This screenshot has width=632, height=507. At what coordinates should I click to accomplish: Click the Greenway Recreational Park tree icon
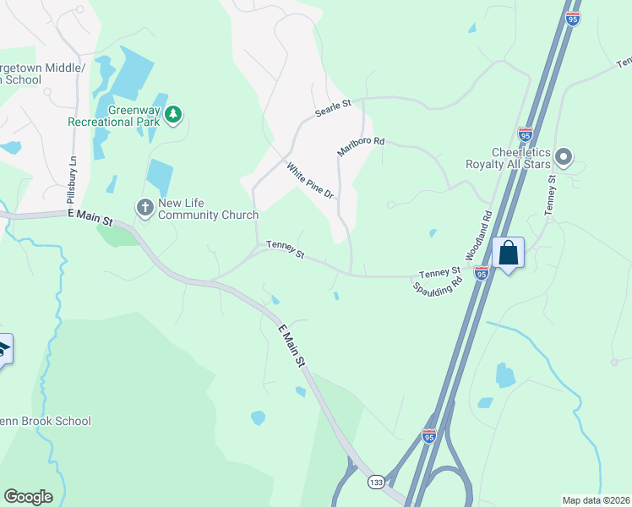[x=173, y=113]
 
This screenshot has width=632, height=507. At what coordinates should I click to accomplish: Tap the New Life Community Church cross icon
[x=145, y=206]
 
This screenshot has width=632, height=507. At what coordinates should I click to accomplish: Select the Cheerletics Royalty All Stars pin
[x=564, y=157]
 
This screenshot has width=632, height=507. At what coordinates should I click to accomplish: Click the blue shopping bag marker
[x=509, y=253]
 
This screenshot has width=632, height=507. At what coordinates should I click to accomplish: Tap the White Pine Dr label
[x=311, y=181]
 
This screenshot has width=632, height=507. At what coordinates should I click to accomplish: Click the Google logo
[x=28, y=497]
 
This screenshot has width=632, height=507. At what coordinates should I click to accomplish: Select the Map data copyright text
[x=596, y=500]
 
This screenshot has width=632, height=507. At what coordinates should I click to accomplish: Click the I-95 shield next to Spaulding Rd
[x=481, y=273]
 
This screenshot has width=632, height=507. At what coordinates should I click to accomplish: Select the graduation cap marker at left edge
[x=4, y=349]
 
